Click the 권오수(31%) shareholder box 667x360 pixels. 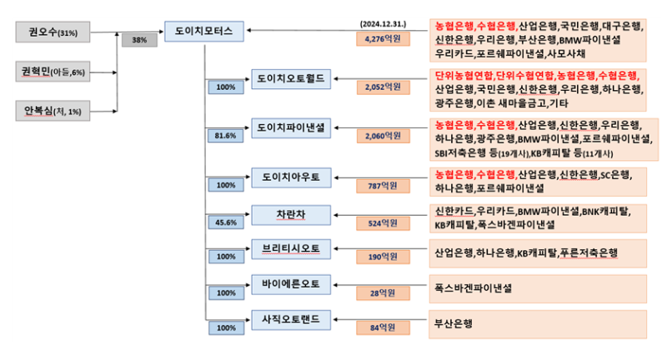[52, 32]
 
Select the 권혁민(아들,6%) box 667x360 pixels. [52, 72]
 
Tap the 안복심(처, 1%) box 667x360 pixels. [52, 111]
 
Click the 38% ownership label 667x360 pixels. [139, 39]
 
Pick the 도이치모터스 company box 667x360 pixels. [204, 31]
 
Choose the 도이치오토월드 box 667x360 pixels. [291, 77]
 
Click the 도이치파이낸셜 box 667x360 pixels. [291, 126]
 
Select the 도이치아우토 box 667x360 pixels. [291, 176]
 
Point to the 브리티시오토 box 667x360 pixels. [291, 247]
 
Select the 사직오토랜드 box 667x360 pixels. [291, 318]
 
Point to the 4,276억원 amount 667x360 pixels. [379, 38]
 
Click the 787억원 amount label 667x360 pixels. [379, 185]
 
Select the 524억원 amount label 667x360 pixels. [379, 223]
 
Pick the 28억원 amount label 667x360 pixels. [379, 292]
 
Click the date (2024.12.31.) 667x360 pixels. [384, 23]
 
